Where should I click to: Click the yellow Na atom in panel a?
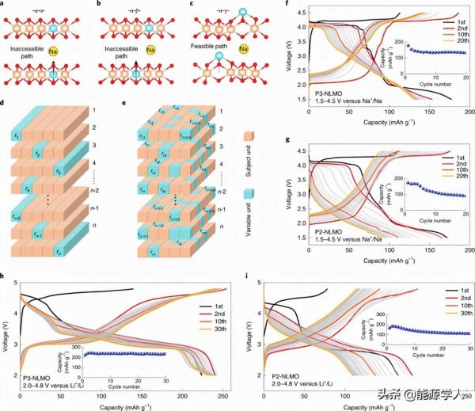click(x=73, y=58)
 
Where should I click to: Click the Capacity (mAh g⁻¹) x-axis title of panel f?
click(x=386, y=123)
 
